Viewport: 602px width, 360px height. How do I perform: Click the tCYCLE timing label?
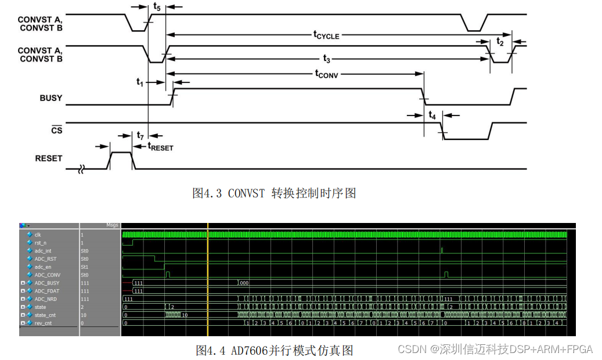click(x=326, y=35)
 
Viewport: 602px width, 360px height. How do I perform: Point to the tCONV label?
click(x=326, y=74)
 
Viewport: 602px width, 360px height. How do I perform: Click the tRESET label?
click(x=161, y=147)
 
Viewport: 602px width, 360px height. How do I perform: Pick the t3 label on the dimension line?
click(x=326, y=59)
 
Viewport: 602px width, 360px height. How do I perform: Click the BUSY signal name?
click(x=51, y=98)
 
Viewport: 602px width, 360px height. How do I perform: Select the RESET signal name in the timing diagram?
click(x=48, y=158)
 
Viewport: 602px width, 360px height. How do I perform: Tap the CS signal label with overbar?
click(x=56, y=131)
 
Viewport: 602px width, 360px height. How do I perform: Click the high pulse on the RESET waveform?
click(x=121, y=153)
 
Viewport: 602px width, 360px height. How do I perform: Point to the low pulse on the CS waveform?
click(x=467, y=139)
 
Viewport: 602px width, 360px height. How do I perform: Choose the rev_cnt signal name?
click(x=43, y=323)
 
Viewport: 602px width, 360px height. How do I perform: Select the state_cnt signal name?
click(x=45, y=315)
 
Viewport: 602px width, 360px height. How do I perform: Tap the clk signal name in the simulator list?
click(x=38, y=235)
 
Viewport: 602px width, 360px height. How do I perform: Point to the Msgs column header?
click(x=112, y=225)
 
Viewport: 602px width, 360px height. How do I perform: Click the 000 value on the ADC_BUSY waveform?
click(x=244, y=283)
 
